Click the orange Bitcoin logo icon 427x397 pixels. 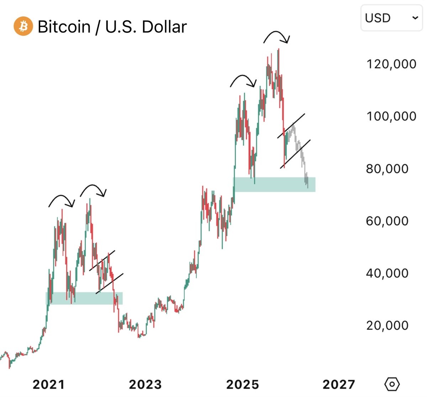(x=23, y=27)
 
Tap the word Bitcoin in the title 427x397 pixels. (x=64, y=27)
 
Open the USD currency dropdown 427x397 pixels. (x=391, y=18)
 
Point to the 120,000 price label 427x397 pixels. (x=391, y=64)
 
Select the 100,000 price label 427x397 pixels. (x=391, y=116)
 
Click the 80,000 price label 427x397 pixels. (x=387, y=169)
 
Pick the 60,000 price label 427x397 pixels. (x=387, y=221)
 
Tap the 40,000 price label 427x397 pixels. (x=387, y=273)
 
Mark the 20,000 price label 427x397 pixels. (x=387, y=325)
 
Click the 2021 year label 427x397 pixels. (x=49, y=384)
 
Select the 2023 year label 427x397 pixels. (x=145, y=384)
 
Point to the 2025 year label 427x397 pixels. (x=243, y=384)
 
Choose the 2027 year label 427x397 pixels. (x=339, y=384)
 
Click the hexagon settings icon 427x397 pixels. (x=392, y=384)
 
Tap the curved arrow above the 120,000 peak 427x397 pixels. (x=277, y=36)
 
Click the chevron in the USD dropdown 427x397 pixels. (x=415, y=18)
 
